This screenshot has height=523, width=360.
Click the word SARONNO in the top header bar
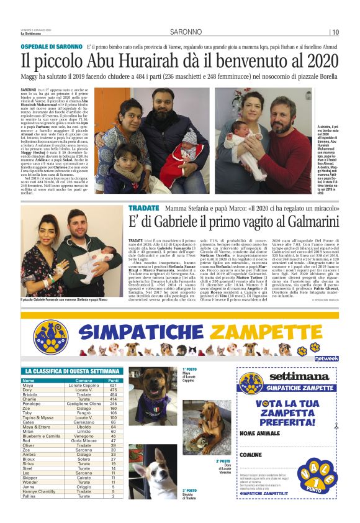(180, 32)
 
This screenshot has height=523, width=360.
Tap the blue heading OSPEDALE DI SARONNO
(52, 47)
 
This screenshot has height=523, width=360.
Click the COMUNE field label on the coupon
(251, 455)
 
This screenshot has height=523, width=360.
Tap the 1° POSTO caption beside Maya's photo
(189, 368)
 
